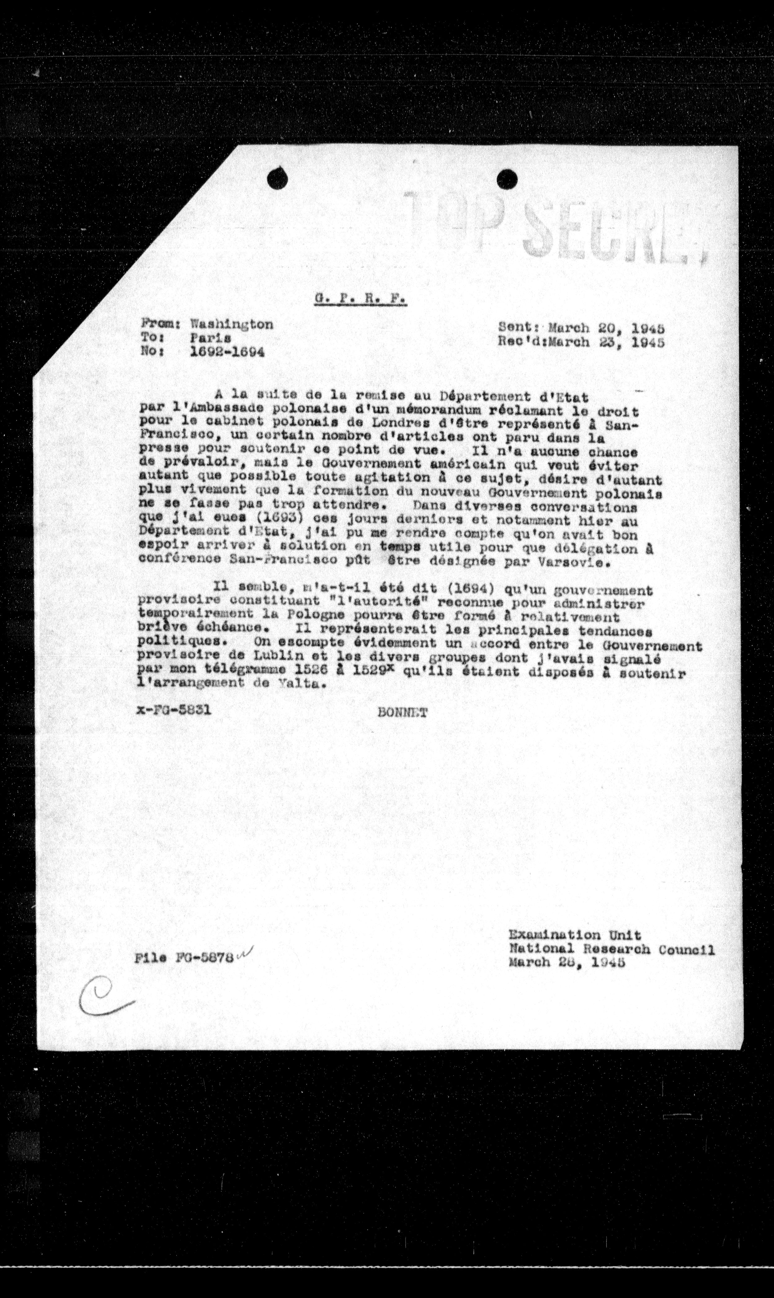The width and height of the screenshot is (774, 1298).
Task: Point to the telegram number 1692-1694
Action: coord(227,352)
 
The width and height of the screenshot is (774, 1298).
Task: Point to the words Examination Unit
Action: coord(575,935)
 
